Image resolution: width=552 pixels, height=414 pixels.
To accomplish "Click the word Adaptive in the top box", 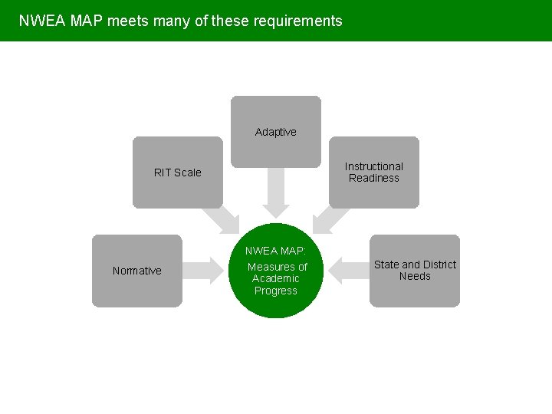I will pos(275,132).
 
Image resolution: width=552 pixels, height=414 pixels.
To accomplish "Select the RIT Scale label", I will pos(177,172).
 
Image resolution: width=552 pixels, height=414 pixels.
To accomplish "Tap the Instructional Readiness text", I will pos(373,172).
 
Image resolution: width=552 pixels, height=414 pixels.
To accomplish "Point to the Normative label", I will pos(136,271).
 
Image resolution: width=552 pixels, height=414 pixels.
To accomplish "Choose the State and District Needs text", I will pos(415,270).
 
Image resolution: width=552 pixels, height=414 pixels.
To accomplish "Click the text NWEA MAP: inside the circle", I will pos(275,251).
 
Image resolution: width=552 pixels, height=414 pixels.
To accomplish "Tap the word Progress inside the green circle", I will pos(275,291).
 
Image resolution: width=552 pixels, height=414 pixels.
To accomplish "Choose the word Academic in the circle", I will pos(275,278).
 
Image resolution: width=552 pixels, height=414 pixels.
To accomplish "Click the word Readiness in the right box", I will pos(373,178).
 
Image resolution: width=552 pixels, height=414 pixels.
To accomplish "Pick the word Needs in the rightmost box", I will pos(415,276).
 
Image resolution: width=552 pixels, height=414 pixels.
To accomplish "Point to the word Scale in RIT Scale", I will pos(187,172).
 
